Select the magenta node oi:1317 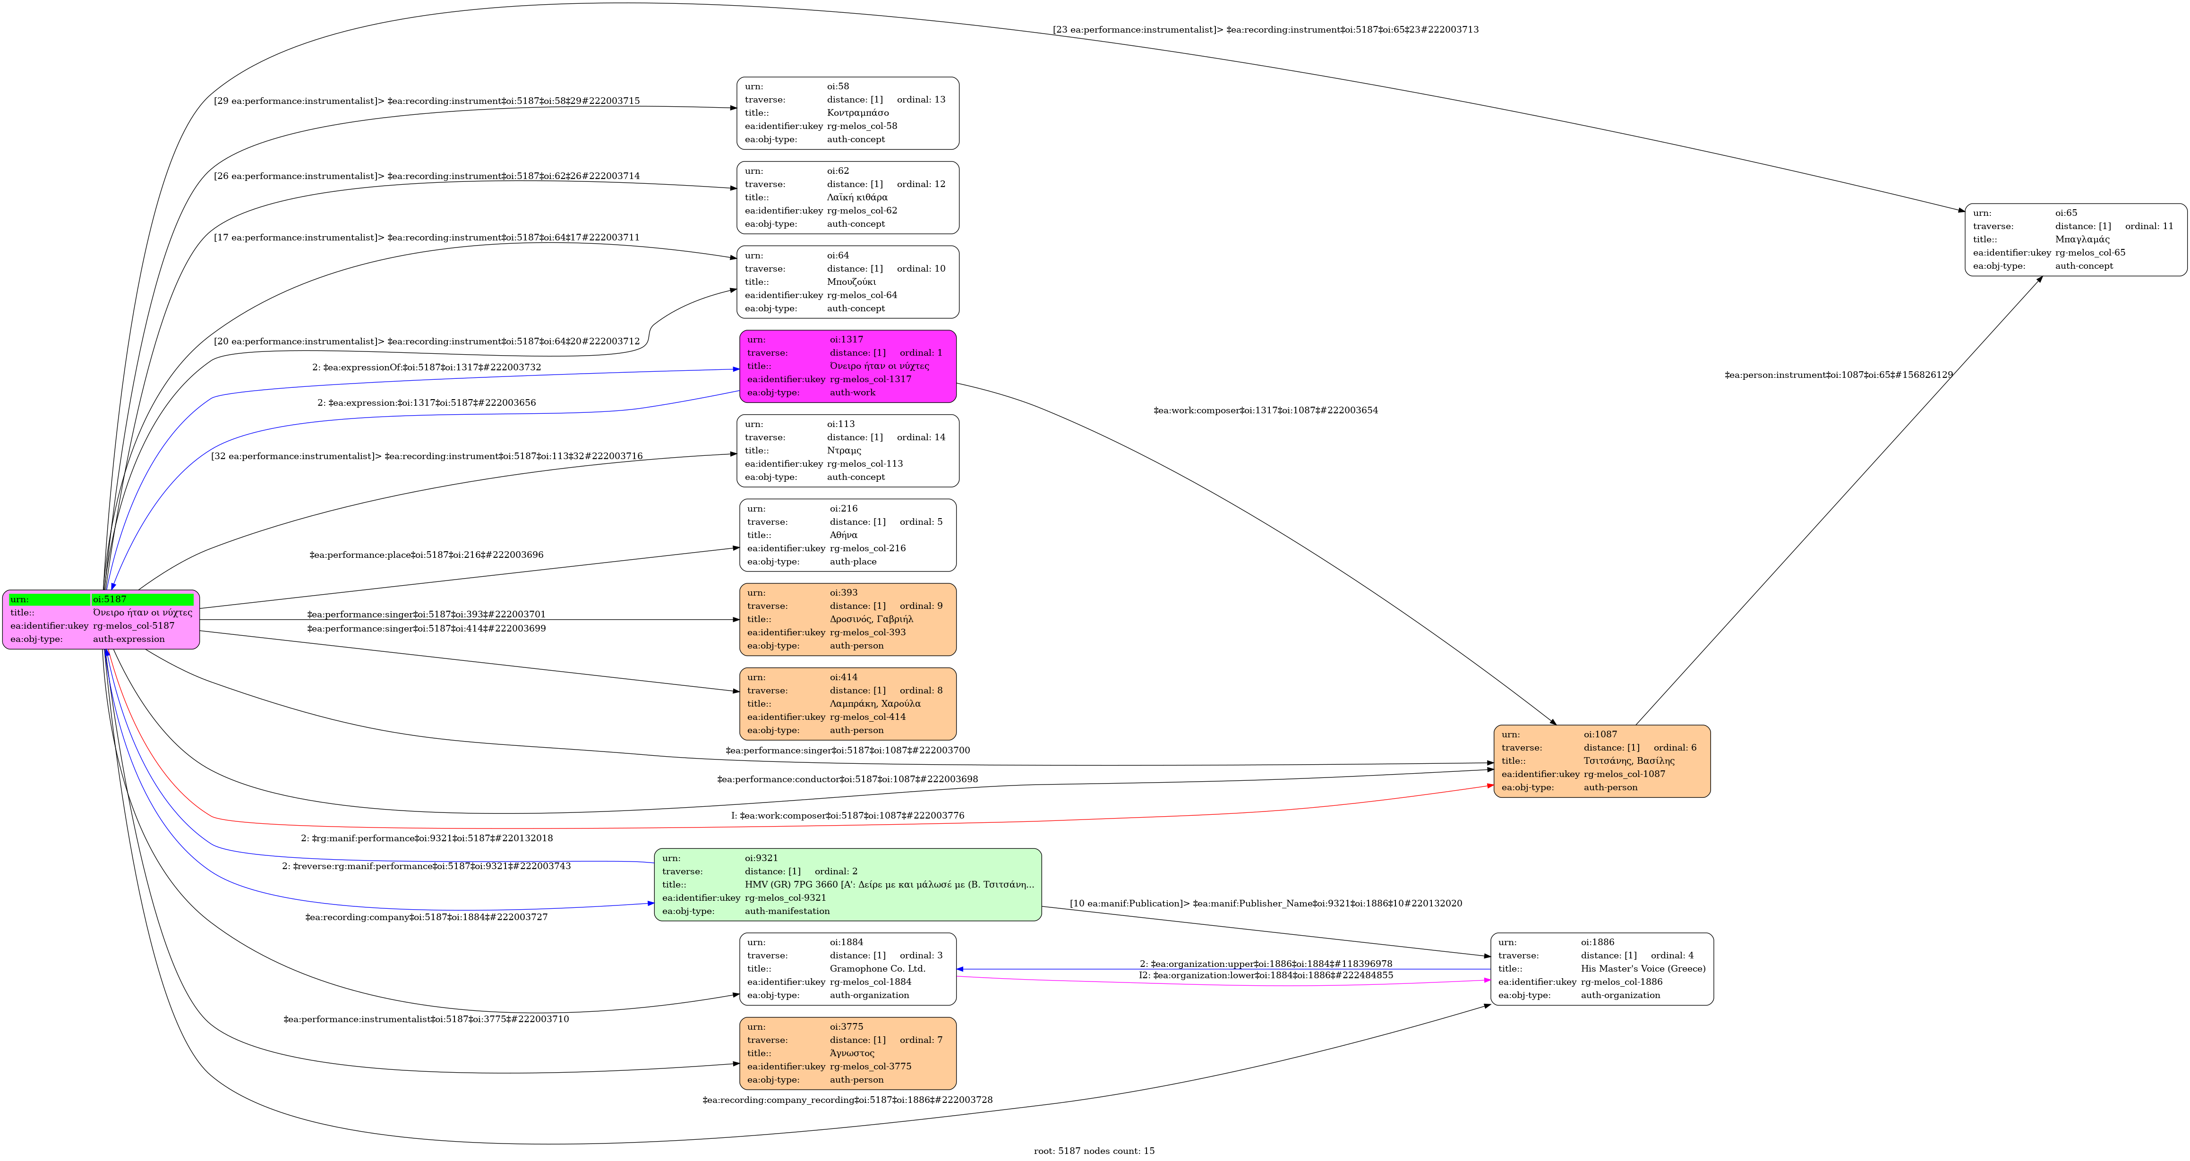(x=847, y=367)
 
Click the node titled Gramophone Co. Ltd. (x=847, y=969)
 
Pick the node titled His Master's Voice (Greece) (x=1602, y=969)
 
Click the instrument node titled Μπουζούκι (x=847, y=282)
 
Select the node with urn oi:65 (x=2075, y=239)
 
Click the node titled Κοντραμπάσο (x=847, y=113)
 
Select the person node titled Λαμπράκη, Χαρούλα (x=847, y=704)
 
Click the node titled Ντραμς (x=847, y=451)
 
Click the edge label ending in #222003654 (x=1265, y=410)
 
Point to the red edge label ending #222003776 (x=847, y=816)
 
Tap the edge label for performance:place (x=426, y=555)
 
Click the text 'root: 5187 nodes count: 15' (x=1094, y=1151)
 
